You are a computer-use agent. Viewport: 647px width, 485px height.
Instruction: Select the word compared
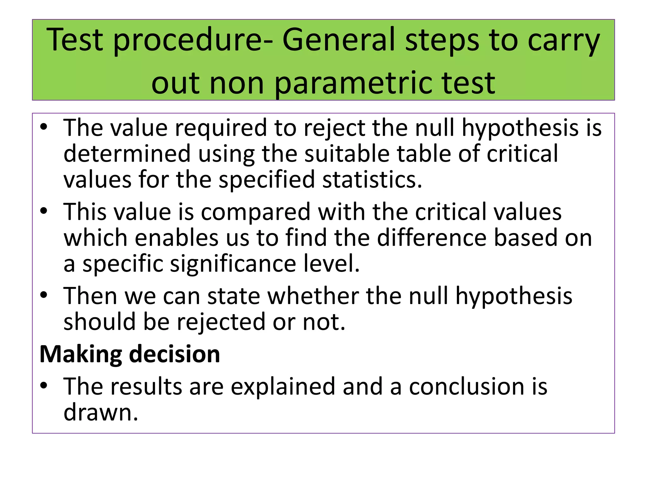point(256,212)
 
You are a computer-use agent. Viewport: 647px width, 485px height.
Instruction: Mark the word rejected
point(221,322)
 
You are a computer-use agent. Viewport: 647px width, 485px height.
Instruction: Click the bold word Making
point(81,354)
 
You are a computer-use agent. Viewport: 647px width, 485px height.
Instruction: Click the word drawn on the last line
point(100,412)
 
